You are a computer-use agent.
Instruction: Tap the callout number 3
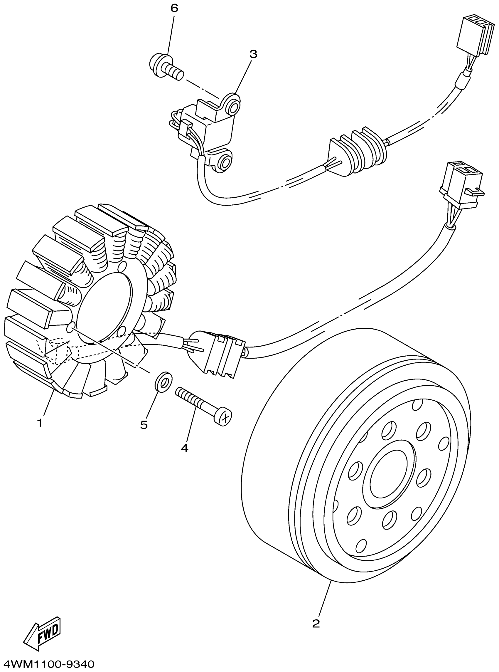pos(253,54)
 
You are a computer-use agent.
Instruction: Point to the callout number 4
pos(185,448)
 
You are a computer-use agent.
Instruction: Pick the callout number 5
pos(144,425)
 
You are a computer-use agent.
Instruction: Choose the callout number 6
pos(174,8)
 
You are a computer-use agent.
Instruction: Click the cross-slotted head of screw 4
pos(224,417)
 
